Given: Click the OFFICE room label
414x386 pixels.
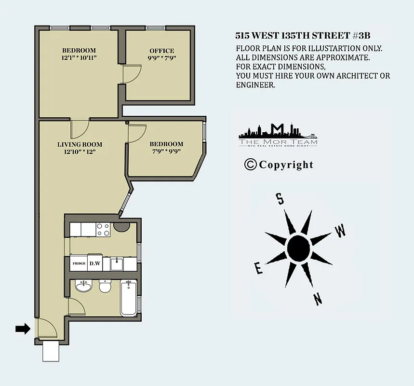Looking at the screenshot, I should pos(161,51).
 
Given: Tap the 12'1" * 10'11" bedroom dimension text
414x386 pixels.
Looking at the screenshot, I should pos(79,58).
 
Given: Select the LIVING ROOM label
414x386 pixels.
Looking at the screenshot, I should pos(80,144).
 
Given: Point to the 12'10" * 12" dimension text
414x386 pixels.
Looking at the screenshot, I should pos(80,152).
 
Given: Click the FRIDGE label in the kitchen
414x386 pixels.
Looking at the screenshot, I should pos(79,263).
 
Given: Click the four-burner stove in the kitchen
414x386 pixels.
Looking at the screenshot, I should pos(103,229).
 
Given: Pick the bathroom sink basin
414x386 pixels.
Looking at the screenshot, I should pos(84,287).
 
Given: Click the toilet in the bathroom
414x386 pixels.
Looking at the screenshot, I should pos(105,287).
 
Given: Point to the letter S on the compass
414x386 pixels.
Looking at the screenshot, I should pos(279,198).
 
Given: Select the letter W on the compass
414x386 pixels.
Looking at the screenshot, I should pos(340,231).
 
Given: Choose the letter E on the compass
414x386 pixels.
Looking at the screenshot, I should pos(259,268).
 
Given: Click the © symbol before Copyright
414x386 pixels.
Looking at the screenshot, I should pos(250,165).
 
